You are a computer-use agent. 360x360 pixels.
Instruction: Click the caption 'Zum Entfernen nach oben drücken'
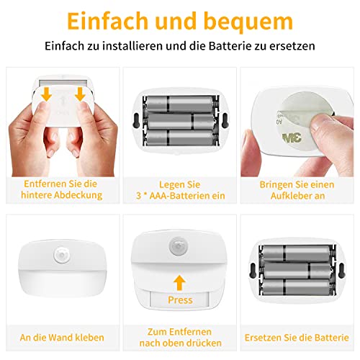coord(179,337)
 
